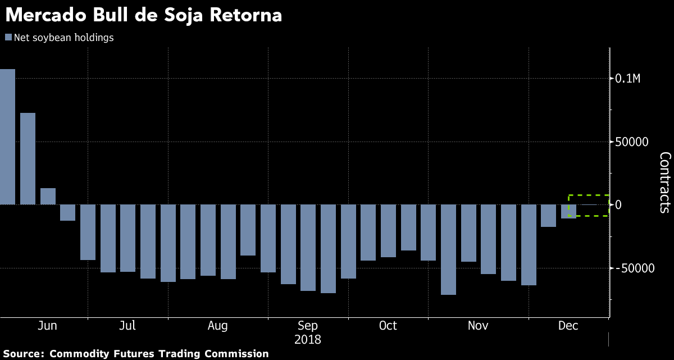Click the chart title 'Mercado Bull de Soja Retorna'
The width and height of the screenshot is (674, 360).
143,15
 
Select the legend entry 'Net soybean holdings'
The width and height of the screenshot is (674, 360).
59,38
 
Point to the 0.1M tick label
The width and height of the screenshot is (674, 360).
635,78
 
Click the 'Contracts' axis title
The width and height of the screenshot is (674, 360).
664,183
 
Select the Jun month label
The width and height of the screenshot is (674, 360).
47,326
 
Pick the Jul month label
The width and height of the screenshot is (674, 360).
127,326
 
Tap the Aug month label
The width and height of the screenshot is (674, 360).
217,326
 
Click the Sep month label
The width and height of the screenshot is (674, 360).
308,326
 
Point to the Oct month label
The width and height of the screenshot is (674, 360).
388,326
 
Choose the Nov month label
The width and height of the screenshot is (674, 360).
478,326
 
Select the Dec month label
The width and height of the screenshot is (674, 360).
568,326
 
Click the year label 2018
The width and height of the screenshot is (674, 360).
308,340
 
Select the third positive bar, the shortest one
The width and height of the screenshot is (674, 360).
48,197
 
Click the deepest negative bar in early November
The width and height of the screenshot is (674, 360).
448,249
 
